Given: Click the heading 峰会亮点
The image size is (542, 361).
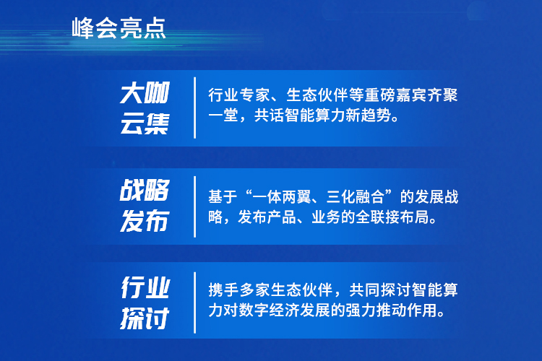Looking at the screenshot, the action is pyautogui.click(x=119, y=28).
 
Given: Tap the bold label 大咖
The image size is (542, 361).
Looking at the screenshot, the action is pyautogui.click(x=145, y=92).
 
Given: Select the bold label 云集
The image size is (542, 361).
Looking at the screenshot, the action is pyautogui.click(x=145, y=123).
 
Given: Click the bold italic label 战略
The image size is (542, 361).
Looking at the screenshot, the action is pyautogui.click(x=145, y=190).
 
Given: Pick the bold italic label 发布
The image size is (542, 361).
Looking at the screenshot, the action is pyautogui.click(x=145, y=220).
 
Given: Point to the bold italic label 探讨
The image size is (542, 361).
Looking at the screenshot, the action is pyautogui.click(x=145, y=318).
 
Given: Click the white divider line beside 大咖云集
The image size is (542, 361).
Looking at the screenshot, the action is pyautogui.click(x=195, y=108).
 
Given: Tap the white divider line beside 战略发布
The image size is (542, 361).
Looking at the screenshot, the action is pyautogui.click(x=195, y=206).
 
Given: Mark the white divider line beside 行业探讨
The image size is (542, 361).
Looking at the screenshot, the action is pyautogui.click(x=195, y=303).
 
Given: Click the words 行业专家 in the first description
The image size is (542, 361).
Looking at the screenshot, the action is pyautogui.click(x=239, y=95).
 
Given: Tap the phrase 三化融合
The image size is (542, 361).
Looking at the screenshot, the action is pyautogui.click(x=356, y=197).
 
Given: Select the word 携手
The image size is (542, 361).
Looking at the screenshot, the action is pyautogui.click(x=223, y=290).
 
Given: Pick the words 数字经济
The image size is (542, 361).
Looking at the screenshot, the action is pyautogui.click(x=269, y=310).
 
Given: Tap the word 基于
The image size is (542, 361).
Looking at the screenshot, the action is pyautogui.click(x=223, y=197).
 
